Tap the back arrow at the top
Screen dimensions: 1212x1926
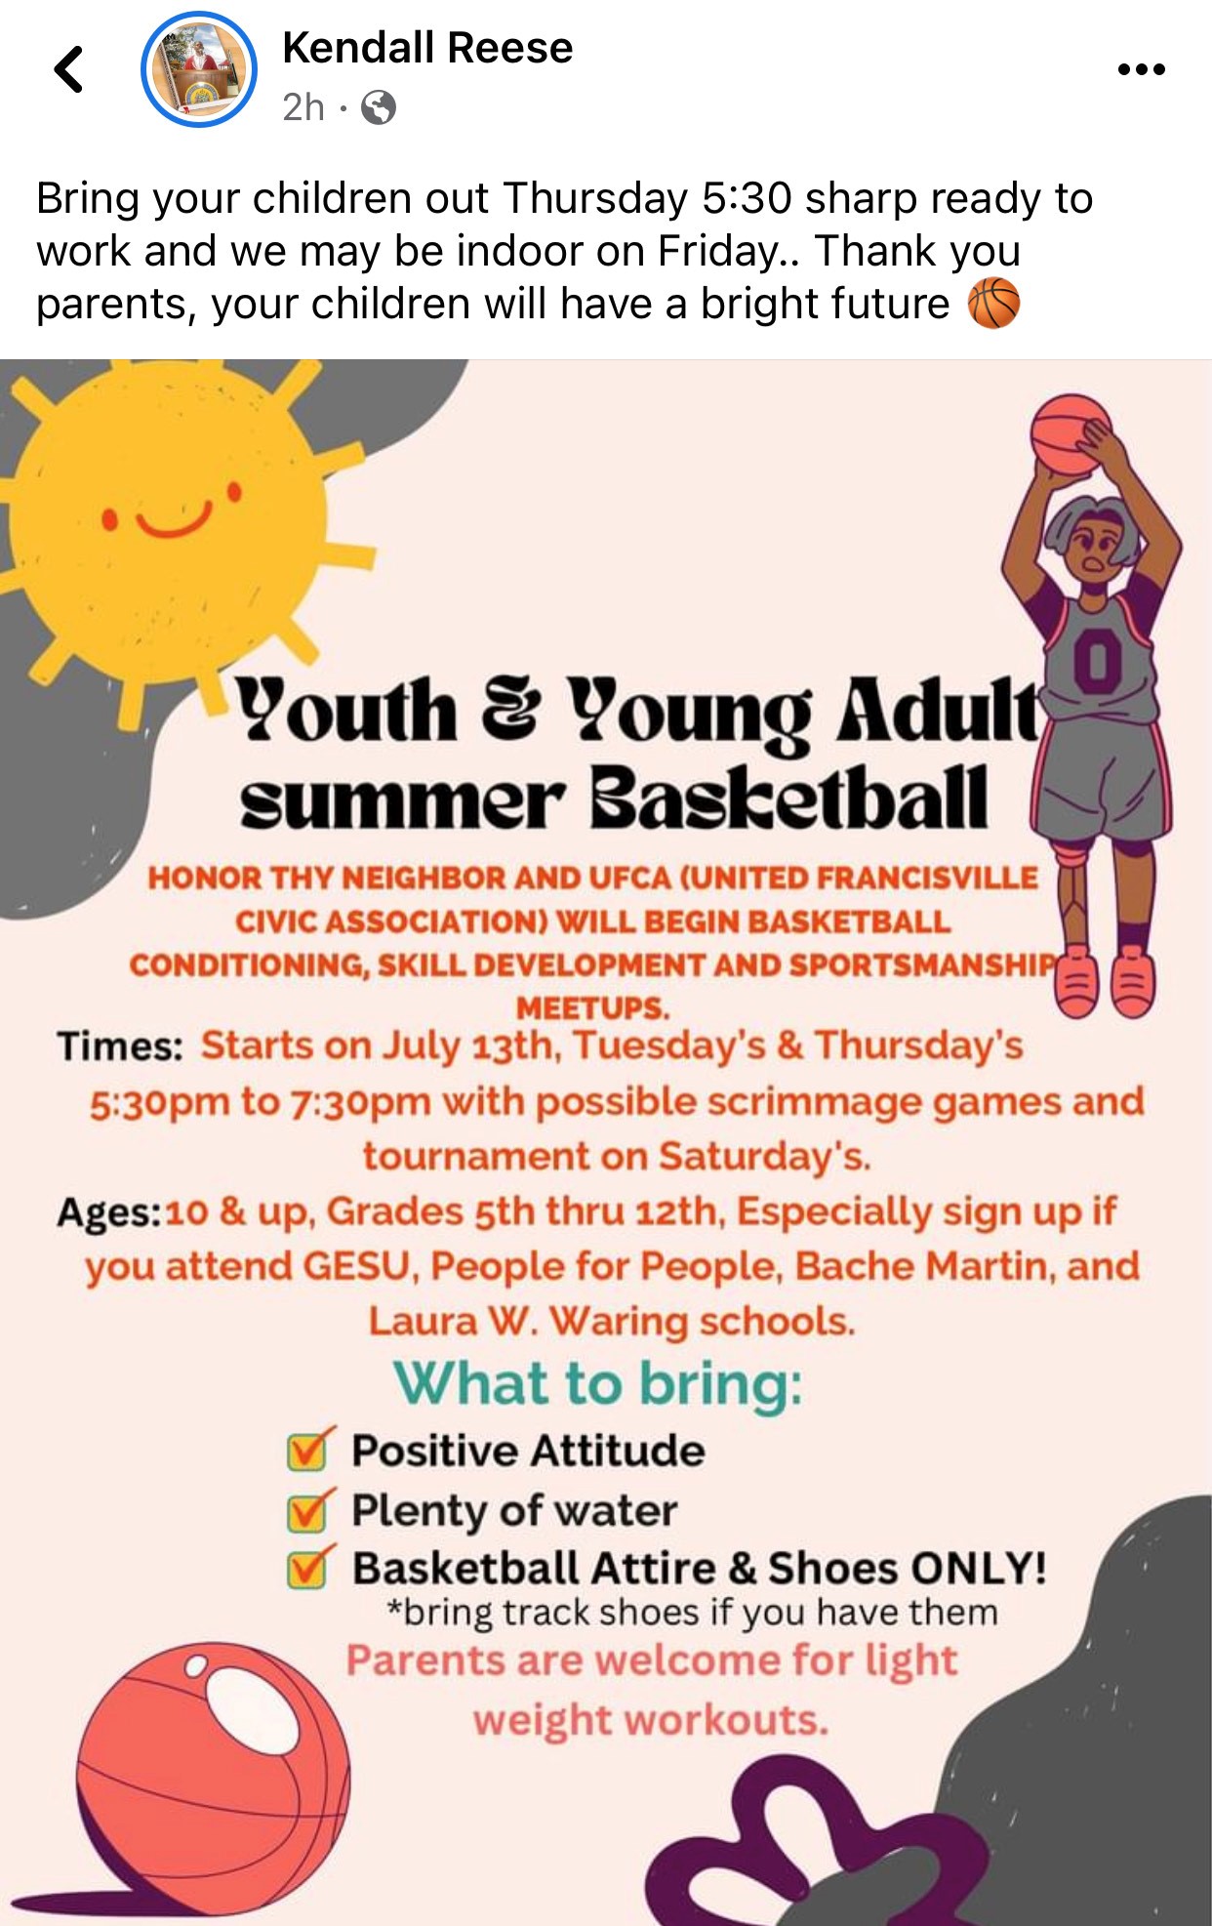click(x=68, y=69)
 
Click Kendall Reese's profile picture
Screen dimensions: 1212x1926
click(x=199, y=69)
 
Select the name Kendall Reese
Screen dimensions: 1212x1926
click(x=427, y=47)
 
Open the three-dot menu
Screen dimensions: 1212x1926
click(x=1141, y=69)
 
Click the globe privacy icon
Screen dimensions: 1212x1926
click(x=379, y=106)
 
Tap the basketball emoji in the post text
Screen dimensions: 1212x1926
click(x=993, y=303)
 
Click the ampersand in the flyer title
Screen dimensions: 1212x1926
click(x=509, y=709)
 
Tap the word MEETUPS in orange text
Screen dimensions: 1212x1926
click(x=592, y=1007)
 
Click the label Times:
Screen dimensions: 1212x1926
click(x=120, y=1046)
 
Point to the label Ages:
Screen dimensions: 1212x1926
click(x=109, y=1213)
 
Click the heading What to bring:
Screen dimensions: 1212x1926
click(x=598, y=1384)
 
